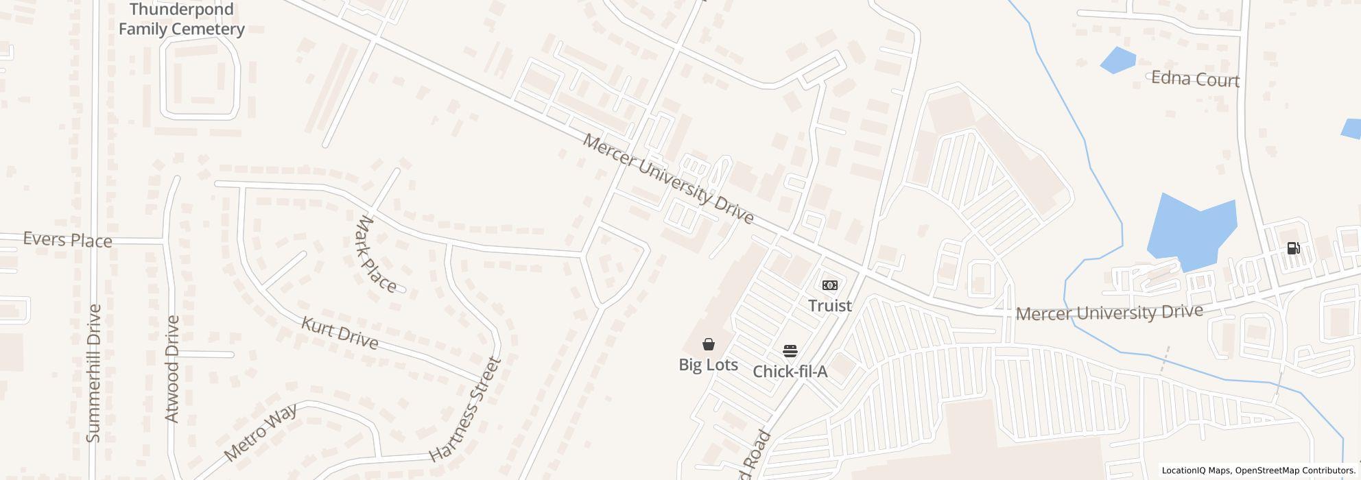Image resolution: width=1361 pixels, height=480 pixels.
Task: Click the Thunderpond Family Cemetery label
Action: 181,19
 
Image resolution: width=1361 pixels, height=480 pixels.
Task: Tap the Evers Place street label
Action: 67,240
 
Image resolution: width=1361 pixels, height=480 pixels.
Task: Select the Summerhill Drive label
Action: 94,373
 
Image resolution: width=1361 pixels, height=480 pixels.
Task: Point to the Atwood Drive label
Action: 171,369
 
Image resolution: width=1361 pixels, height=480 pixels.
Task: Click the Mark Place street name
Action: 377,254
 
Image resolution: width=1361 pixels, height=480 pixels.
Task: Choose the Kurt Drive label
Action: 340,333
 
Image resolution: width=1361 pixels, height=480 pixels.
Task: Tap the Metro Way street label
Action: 261,432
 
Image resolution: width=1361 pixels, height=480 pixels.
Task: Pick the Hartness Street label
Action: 465,409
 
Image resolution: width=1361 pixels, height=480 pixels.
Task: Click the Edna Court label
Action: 1195,79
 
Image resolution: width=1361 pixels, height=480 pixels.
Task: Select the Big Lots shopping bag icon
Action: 709,344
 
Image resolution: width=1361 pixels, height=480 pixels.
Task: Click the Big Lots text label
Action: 709,365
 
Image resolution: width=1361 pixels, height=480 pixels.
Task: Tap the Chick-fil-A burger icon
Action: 790,351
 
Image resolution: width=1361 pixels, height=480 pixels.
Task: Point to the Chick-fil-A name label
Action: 790,372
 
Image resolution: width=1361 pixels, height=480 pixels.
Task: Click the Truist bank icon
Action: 830,285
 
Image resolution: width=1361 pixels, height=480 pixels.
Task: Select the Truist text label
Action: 830,306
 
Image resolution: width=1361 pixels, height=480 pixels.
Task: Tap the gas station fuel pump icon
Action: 1293,248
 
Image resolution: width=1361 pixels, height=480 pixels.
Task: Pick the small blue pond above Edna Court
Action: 1118,60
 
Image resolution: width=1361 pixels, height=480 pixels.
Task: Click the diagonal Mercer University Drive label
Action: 668,179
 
